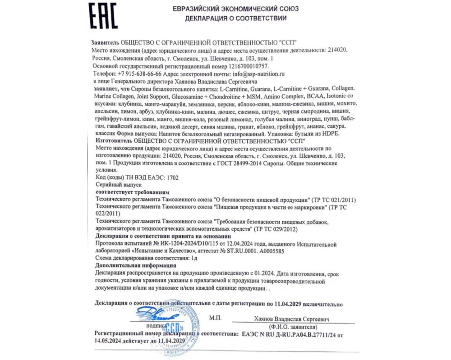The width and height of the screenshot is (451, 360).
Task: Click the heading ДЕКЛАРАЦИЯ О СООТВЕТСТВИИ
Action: click(x=235, y=18)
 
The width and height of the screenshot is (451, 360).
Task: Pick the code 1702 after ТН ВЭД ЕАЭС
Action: click(x=172, y=178)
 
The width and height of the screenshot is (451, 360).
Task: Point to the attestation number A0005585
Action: click(x=269, y=251)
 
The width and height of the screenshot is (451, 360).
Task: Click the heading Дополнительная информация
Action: click(x=127, y=266)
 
